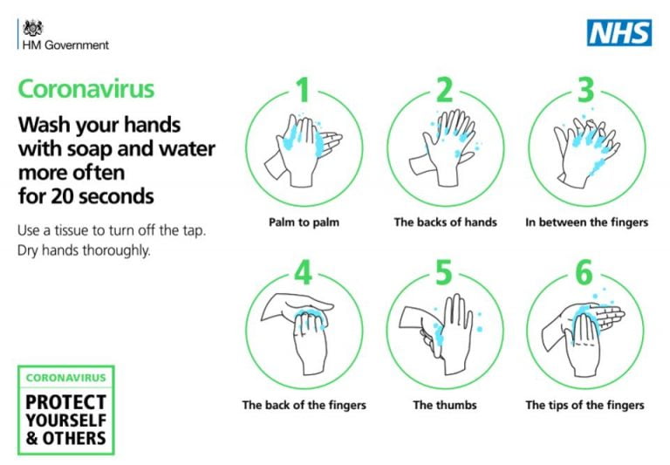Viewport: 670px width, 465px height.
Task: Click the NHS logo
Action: pos(619,33)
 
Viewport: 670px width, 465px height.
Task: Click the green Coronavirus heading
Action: pos(86,89)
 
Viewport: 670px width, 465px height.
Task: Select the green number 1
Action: pos(302,90)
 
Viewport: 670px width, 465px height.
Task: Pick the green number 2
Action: pos(445,90)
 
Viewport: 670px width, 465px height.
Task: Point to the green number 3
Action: pos(586,90)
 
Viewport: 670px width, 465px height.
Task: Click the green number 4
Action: pos(302,273)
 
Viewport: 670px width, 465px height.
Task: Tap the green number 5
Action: pos(445,273)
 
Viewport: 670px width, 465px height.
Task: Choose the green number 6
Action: pos(586,273)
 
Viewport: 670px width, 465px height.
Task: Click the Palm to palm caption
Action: pos(304,222)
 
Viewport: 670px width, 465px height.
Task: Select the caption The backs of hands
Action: pos(445,222)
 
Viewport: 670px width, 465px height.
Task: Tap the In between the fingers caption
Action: pos(586,222)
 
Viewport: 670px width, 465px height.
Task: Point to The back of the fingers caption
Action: pos(304,405)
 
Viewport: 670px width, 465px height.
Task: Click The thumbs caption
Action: pos(445,405)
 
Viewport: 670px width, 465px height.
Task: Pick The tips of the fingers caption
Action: pos(585,405)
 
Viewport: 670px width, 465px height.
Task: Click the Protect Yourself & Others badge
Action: pos(65,410)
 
